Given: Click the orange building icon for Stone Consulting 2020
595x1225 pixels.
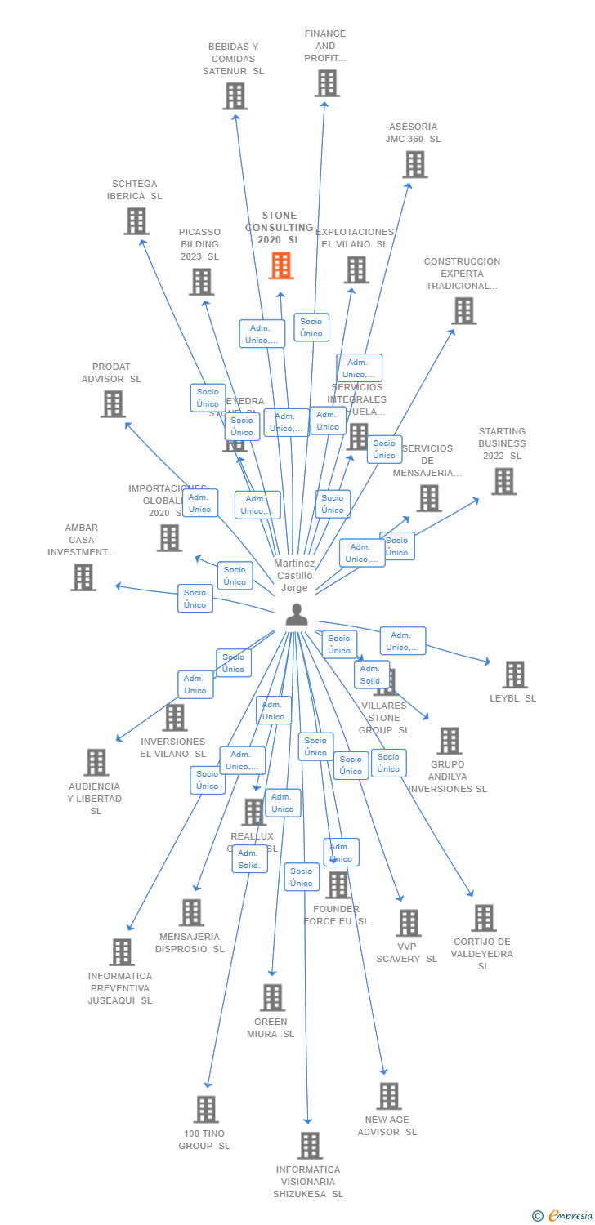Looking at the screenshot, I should [280, 265].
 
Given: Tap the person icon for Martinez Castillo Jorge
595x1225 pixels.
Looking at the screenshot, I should [296, 614].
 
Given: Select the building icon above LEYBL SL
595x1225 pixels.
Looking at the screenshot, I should [514, 675].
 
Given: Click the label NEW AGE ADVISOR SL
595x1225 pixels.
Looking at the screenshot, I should [387, 1125].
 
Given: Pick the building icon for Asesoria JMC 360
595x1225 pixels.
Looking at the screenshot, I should [414, 164].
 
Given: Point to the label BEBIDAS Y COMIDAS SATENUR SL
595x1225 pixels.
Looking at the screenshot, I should [233, 59].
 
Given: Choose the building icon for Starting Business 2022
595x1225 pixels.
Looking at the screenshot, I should [503, 481].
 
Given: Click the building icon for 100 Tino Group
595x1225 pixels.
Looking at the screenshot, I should [206, 1109].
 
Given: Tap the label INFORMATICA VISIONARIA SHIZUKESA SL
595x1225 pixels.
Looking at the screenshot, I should [308, 1182].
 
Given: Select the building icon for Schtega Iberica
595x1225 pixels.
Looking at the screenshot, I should [136, 220].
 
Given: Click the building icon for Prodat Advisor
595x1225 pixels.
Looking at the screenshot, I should [113, 403].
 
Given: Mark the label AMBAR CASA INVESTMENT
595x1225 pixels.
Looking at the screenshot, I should [81, 540].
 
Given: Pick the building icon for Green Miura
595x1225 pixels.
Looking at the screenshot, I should [272, 997].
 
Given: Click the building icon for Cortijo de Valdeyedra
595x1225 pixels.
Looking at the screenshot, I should [483, 917].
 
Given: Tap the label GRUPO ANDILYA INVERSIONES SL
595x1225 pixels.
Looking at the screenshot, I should [447, 777].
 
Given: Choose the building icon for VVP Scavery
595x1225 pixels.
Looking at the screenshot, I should [408, 923].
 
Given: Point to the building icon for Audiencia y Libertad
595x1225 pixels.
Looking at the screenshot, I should [96, 762].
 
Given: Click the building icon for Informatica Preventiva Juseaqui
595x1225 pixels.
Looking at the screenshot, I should [122, 951].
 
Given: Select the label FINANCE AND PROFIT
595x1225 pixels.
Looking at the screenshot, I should [325, 46].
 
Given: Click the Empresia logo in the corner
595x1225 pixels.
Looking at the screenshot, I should [565, 1216].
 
